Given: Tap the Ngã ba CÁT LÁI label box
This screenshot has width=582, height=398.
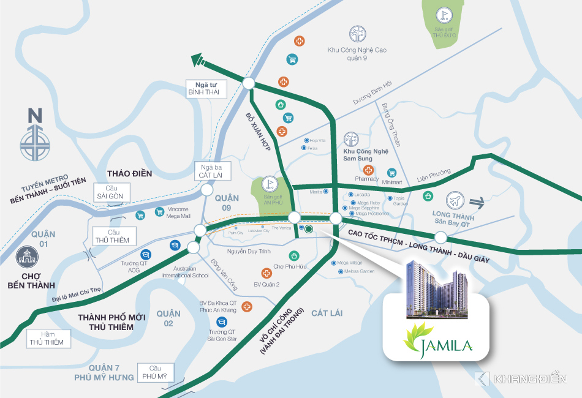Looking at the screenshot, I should pyautogui.click(x=210, y=171).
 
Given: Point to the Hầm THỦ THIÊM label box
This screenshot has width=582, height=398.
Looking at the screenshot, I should pyautogui.click(x=45, y=338).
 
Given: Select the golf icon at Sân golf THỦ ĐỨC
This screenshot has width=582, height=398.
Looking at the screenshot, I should pyautogui.click(x=442, y=15).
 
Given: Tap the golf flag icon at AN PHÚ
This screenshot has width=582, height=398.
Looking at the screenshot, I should pyautogui.click(x=270, y=183).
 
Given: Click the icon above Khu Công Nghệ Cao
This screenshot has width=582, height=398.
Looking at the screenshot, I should pyautogui.click(x=356, y=34).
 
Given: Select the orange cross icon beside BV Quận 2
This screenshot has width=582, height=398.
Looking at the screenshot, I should pyautogui.click(x=266, y=274).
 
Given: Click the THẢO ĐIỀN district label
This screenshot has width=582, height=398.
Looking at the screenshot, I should pyautogui.click(x=129, y=173).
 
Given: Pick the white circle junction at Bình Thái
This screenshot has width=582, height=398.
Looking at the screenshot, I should pyautogui.click(x=248, y=84).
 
